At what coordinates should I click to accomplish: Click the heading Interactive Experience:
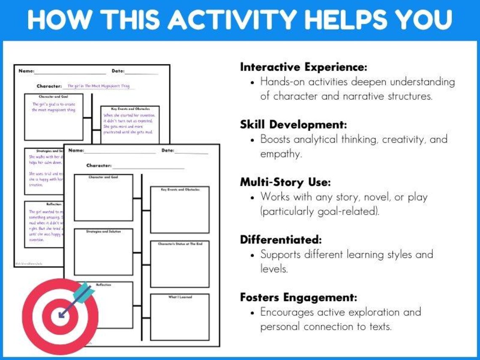(x=304, y=67)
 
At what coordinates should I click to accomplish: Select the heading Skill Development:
(x=293, y=125)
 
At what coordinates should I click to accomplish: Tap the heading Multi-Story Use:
(x=285, y=182)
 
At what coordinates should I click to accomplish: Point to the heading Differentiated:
(x=281, y=240)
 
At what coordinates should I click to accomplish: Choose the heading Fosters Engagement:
(x=298, y=297)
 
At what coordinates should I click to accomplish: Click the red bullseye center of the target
(x=60, y=316)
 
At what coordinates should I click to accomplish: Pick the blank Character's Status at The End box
(x=180, y=265)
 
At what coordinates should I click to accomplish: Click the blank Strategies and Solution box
(x=104, y=253)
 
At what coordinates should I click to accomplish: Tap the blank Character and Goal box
(x=104, y=199)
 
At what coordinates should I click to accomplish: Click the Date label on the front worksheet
(x=168, y=150)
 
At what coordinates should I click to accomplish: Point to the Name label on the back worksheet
(x=26, y=71)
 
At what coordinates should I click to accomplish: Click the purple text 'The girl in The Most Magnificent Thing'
(x=99, y=86)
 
